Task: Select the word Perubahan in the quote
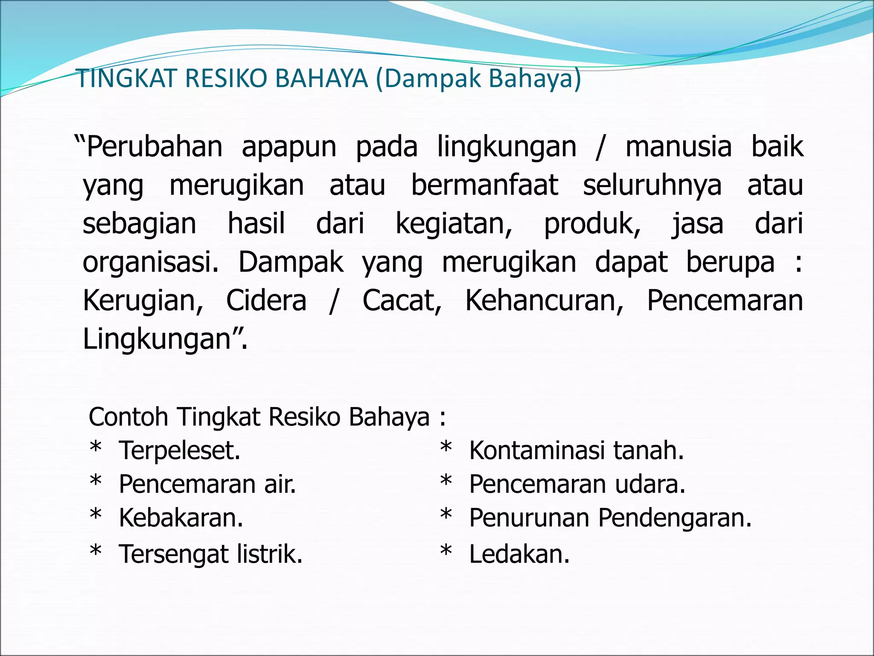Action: pyautogui.click(x=154, y=147)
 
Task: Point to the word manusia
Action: pyautogui.click(x=679, y=147)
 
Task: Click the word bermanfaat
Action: pyautogui.click(x=485, y=186)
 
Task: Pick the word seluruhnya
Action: pyautogui.click(x=652, y=186)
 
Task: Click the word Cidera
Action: pyautogui.click(x=266, y=301)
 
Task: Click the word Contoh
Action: pyautogui.click(x=128, y=417)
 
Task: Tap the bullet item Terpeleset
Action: pyautogui.click(x=180, y=451)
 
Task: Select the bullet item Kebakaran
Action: pyautogui.click(x=181, y=518)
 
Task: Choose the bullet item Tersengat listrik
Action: pyautogui.click(x=211, y=554)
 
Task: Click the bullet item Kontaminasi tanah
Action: pyautogui.click(x=577, y=451)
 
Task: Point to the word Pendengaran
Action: pyautogui.click(x=674, y=518)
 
